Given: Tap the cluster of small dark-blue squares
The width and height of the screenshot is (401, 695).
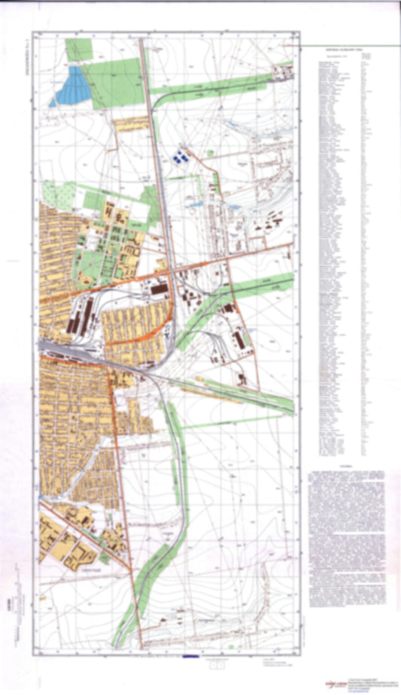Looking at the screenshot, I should coord(180,156).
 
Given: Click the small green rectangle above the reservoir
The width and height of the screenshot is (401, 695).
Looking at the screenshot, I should coord(77,50).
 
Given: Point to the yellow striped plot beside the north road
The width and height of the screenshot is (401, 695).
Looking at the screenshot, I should coord(129,127).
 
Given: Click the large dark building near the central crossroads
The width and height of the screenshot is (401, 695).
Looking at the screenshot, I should coord(159,289).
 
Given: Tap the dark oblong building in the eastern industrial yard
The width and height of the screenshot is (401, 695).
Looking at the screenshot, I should coord(242,340).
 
